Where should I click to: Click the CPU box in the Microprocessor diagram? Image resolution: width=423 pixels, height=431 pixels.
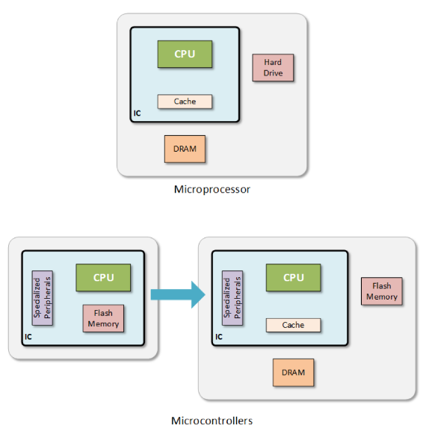point(185,54)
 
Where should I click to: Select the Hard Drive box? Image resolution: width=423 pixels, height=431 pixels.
point(273,68)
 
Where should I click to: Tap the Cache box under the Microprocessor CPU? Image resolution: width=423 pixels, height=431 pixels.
point(185,102)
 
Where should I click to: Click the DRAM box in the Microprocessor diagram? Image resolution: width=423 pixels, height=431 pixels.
point(185,149)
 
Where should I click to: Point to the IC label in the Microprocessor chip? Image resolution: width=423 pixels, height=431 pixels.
point(137,114)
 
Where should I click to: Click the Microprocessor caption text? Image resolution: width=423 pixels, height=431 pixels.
point(212,190)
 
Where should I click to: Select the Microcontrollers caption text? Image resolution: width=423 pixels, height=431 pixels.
point(211,421)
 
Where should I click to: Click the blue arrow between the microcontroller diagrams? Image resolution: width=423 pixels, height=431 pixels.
point(178,294)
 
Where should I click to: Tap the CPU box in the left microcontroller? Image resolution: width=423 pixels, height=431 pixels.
point(103,278)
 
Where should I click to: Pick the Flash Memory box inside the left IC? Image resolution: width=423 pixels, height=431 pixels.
point(103,318)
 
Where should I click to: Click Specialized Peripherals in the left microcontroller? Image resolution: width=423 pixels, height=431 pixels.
point(43,298)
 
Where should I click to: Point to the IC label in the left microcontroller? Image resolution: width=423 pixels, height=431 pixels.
point(28,337)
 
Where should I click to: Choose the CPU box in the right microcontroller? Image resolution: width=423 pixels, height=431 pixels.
point(294,278)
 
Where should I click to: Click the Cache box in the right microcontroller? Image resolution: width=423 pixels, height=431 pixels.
point(294,325)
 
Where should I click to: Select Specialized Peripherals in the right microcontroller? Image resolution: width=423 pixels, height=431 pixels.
point(232,298)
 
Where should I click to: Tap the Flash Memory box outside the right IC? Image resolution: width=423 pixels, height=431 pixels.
point(382,291)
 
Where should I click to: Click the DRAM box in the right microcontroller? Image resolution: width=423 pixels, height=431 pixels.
point(294,373)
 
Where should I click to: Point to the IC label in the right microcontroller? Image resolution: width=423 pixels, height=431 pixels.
point(219,337)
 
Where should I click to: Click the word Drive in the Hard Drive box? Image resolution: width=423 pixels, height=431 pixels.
point(273,73)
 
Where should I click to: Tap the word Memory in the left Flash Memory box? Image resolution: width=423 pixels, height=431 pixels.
point(103,323)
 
